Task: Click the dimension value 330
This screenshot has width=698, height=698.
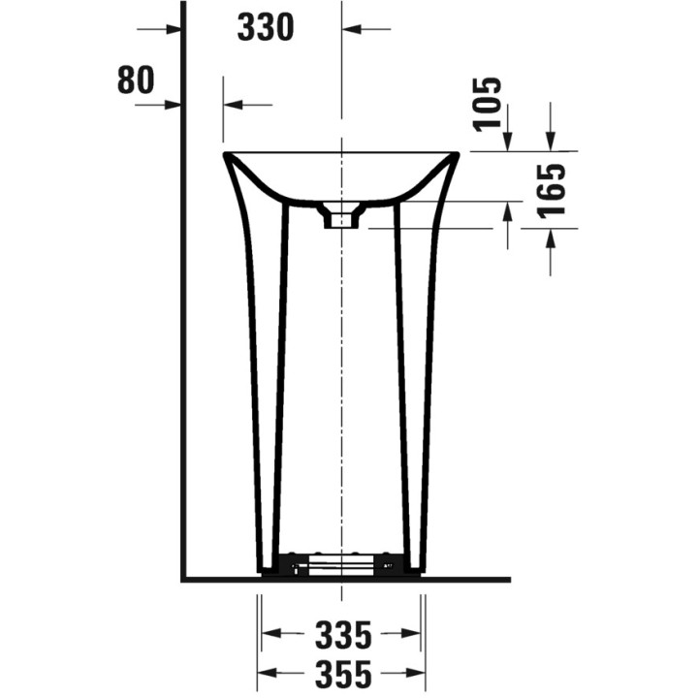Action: tap(266, 27)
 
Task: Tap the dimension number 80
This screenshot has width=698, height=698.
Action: tap(136, 80)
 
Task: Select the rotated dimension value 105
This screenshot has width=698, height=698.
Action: tap(488, 105)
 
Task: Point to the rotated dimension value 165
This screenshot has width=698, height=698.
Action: tap(552, 191)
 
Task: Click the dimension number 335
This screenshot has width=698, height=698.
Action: tap(343, 635)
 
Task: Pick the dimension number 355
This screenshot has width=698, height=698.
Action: tap(343, 673)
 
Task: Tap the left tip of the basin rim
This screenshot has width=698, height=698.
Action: tap(224, 154)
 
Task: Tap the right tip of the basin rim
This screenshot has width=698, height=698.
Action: tap(458, 154)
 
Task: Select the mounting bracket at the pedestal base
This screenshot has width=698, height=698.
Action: tap(341, 564)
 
